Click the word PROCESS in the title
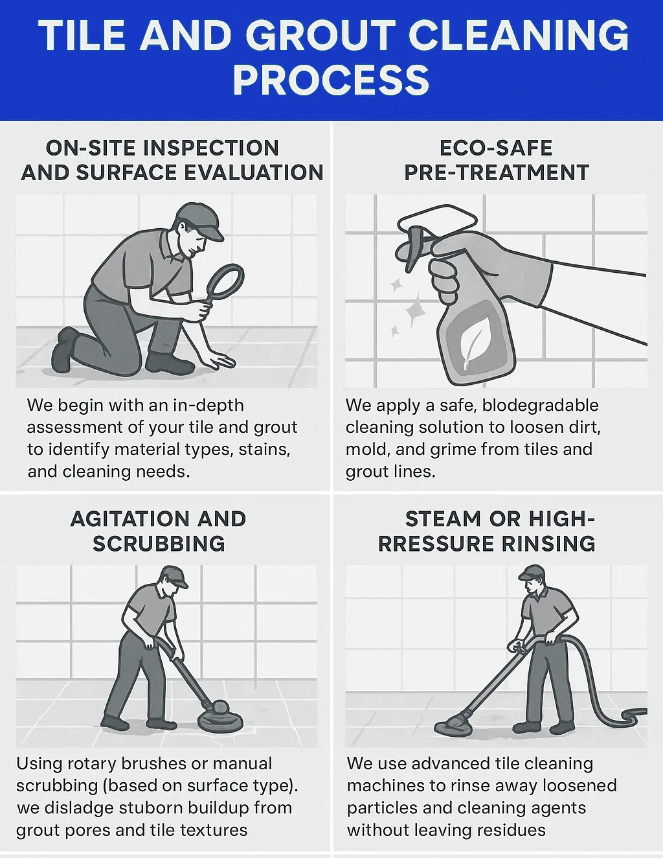[331, 80]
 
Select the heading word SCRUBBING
[159, 543]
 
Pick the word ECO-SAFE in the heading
[496, 148]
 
